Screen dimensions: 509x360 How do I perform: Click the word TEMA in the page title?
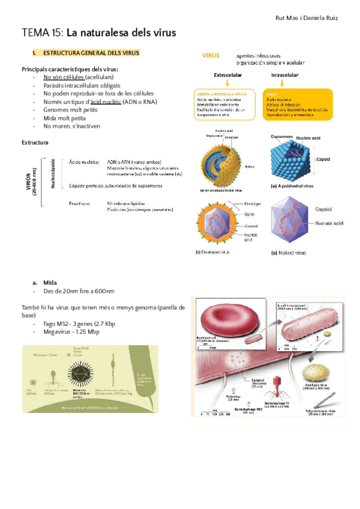point(35,33)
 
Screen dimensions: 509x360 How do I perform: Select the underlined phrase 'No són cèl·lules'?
point(63,77)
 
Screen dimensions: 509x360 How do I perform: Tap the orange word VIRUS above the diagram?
point(211,55)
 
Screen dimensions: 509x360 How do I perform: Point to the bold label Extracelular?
point(227,76)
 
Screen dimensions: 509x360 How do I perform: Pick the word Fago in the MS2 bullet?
point(50,324)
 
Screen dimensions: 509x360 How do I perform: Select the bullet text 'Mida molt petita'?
point(68,118)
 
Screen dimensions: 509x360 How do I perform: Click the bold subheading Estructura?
point(35,143)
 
